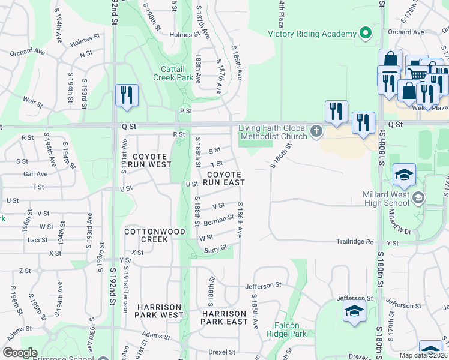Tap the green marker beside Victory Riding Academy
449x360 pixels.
pyautogui.click(x=364, y=34)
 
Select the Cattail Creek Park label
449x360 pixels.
pyautogui.click(x=172, y=73)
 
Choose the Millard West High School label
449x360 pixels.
pyautogui.click(x=387, y=199)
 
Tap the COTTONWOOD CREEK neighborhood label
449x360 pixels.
pyautogui.click(x=146, y=235)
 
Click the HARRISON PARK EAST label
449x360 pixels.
pyautogui.click(x=224, y=317)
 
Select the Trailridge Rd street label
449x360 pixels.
pyautogui.click(x=354, y=242)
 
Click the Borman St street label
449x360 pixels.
pyautogui.click(x=218, y=221)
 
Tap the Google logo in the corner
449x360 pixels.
pyautogui.click(x=20, y=352)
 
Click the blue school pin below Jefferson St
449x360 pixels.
pyautogui.click(x=354, y=312)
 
